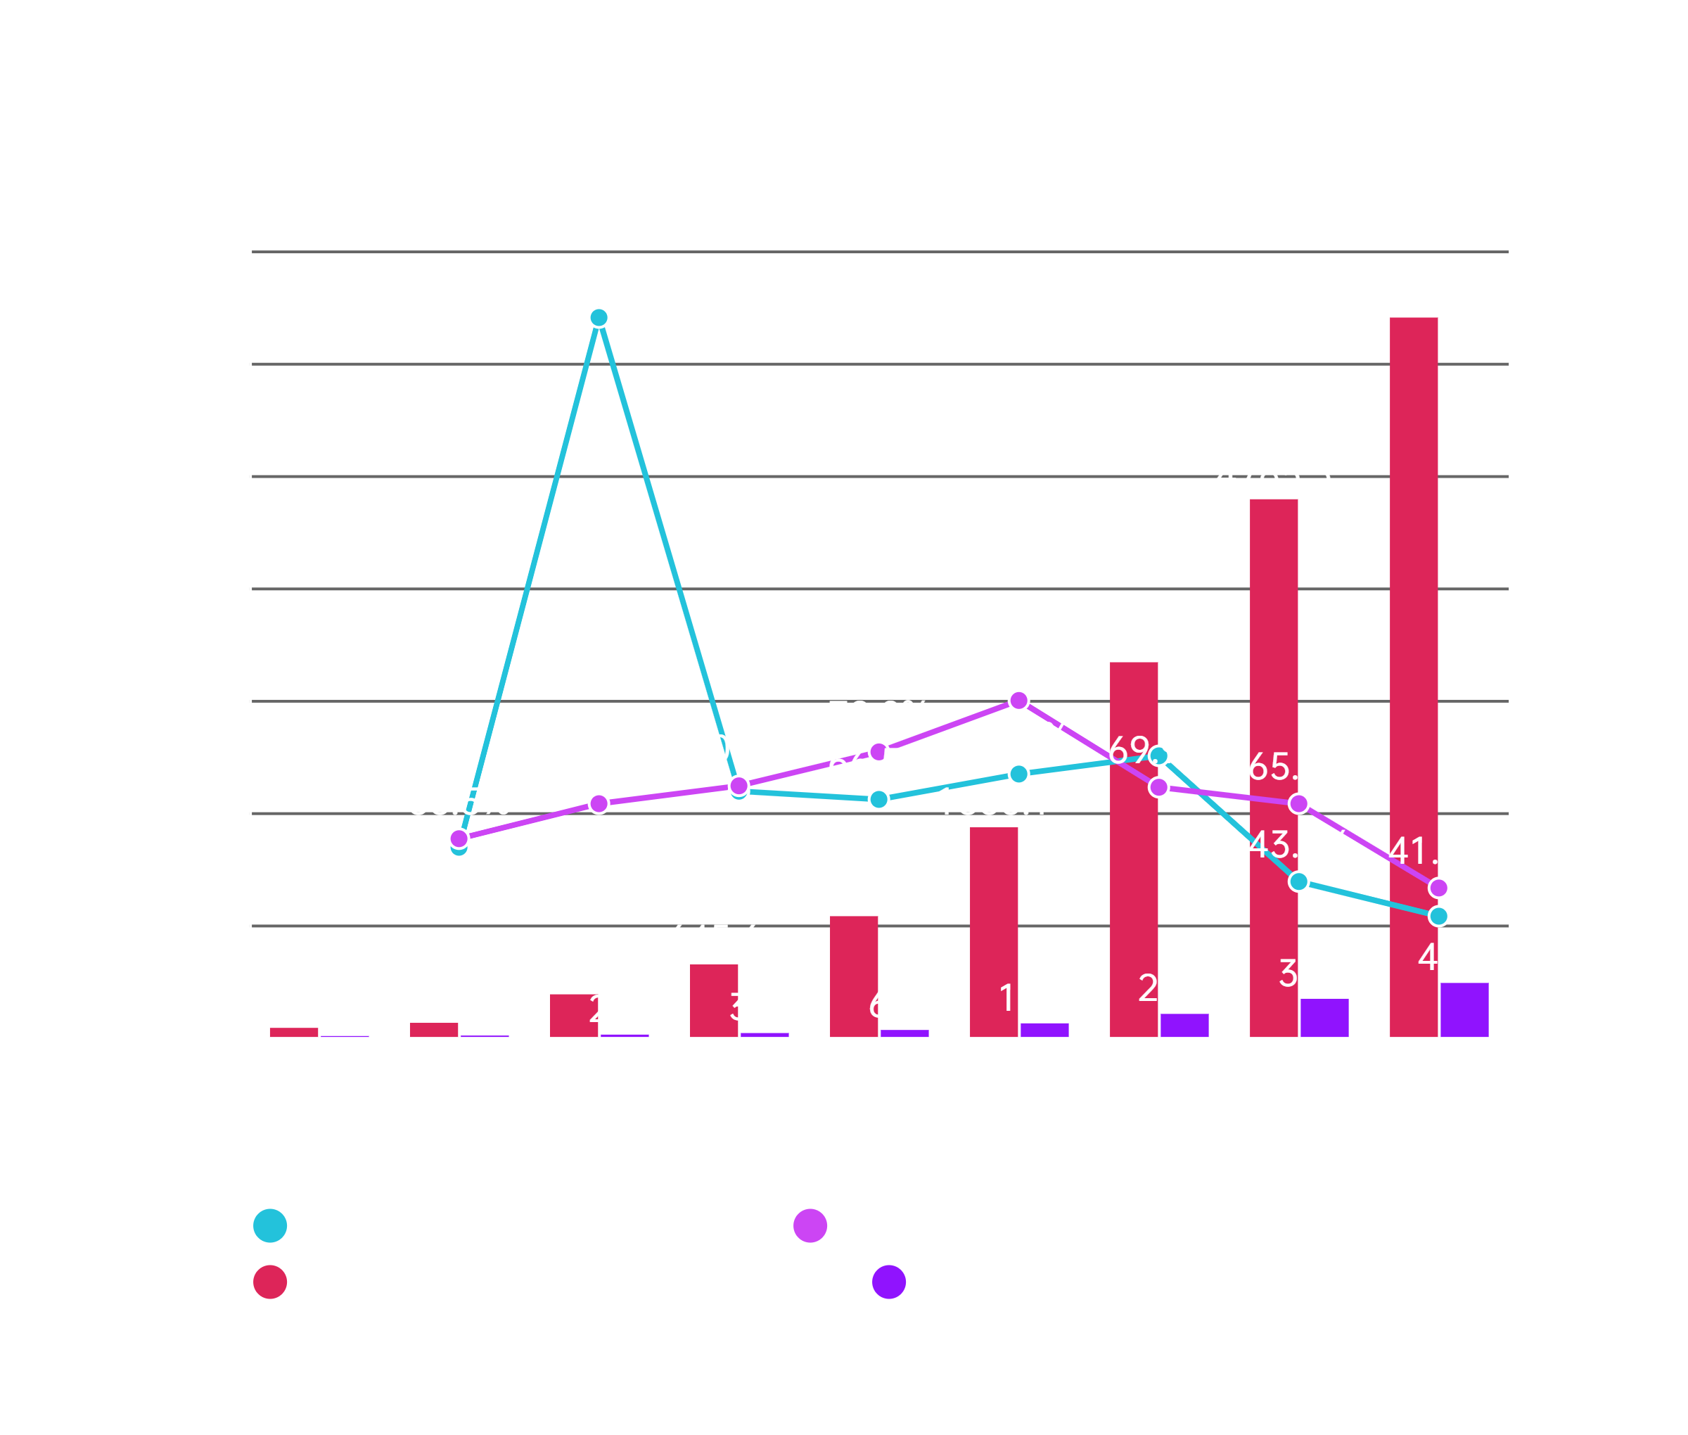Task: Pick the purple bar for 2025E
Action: click(x=1464, y=1009)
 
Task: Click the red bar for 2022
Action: click(x=994, y=932)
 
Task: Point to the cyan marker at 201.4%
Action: click(x=599, y=317)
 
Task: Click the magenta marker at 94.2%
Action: click(x=1018, y=701)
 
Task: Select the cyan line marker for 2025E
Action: click(x=1438, y=916)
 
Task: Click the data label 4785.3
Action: click(x=1274, y=474)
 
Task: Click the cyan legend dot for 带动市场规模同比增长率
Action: click(x=270, y=1226)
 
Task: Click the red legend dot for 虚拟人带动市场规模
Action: click(x=270, y=1283)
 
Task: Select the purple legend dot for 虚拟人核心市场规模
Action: click(x=888, y=1283)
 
